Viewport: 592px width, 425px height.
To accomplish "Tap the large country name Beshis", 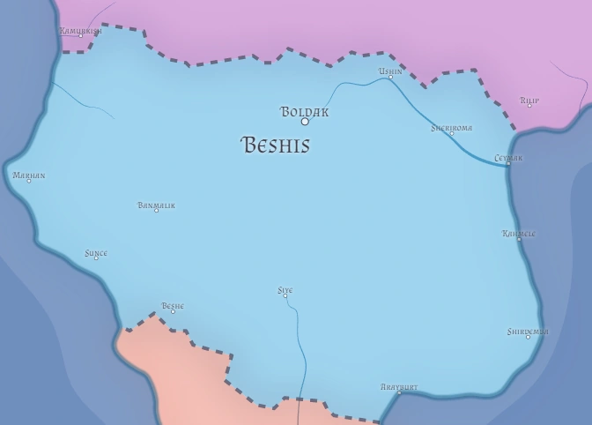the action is coord(275,145).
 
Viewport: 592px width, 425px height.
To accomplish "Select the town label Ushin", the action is coord(390,71).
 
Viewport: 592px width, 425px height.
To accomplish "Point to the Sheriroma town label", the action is coord(451,128).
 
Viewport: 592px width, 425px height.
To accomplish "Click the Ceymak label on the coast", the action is coord(508,158).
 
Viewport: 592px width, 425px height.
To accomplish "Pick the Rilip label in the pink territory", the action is coord(529,101).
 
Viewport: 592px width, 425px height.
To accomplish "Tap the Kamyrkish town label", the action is coord(80,31).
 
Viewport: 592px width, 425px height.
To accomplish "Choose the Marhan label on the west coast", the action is coord(28,175).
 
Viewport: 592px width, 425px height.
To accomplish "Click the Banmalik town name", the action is coord(156,205).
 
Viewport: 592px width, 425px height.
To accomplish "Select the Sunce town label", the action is coord(95,253).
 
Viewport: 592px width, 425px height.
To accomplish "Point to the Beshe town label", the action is coord(172,306).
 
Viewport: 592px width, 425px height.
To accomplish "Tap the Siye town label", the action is coord(285,290).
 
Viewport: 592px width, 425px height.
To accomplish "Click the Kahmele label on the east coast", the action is coord(518,234).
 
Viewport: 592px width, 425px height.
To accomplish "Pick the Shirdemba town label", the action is coord(528,332).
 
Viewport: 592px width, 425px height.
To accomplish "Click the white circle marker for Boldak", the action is coord(305,122).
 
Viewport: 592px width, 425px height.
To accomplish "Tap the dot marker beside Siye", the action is coord(285,296).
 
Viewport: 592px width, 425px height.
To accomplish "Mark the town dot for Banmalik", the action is coord(157,211).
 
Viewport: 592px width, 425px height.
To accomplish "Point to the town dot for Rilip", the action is coord(529,106).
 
